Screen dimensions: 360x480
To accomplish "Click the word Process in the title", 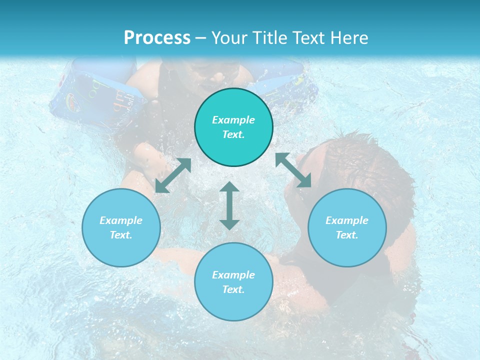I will (157, 38).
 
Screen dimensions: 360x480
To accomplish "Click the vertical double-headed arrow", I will (229, 205).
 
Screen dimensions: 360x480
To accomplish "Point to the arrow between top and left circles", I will (173, 175).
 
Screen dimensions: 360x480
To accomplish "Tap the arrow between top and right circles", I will (293, 170).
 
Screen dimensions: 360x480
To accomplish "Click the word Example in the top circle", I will (233, 120).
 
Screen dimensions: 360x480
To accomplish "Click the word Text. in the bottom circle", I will (233, 289).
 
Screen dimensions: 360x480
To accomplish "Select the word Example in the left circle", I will (121, 220).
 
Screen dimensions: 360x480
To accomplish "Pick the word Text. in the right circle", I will (347, 235).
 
